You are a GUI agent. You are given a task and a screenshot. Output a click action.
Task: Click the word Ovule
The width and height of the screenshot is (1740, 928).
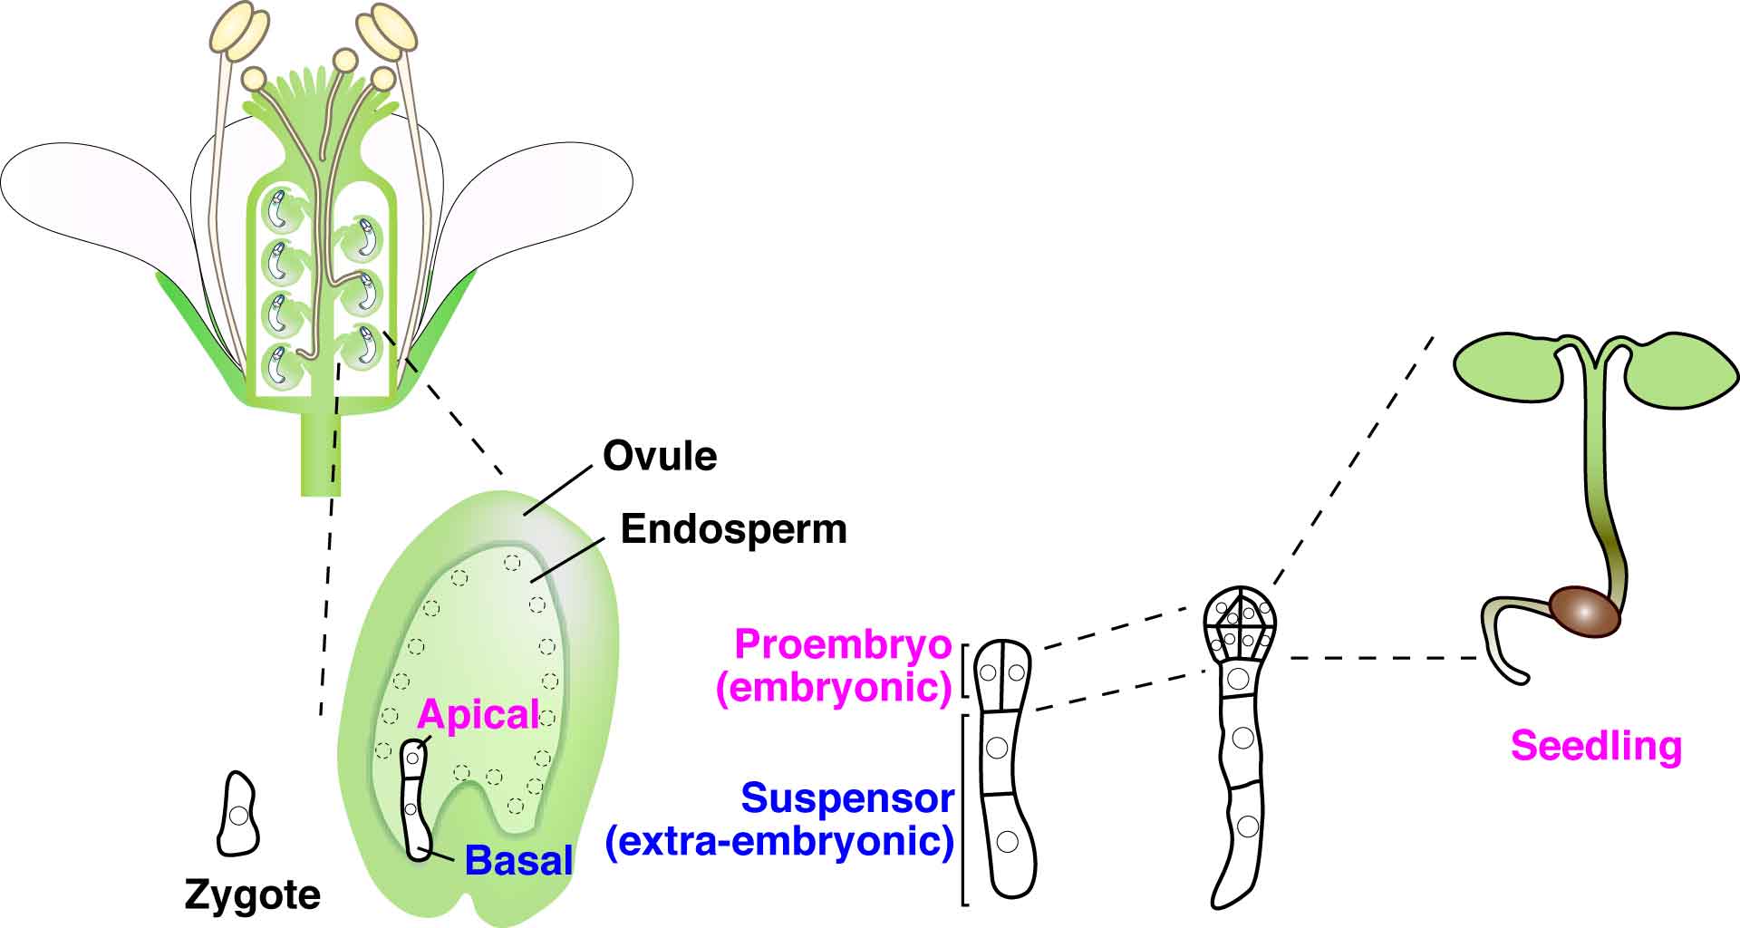coord(659,456)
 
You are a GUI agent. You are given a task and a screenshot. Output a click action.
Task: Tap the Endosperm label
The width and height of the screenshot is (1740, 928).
coord(733,528)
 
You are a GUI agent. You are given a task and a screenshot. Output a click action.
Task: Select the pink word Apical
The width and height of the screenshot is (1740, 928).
coord(478,715)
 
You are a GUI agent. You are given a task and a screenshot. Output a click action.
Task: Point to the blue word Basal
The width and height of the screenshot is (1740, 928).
coord(518,860)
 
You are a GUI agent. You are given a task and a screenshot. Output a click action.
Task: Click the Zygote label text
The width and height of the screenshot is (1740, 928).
coord(252,895)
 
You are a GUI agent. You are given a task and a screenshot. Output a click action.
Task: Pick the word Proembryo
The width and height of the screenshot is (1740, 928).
coord(843,644)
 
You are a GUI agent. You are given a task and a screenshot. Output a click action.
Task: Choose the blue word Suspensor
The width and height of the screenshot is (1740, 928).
coord(847,798)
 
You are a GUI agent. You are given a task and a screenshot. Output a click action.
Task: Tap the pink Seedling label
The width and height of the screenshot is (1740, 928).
coord(1596,746)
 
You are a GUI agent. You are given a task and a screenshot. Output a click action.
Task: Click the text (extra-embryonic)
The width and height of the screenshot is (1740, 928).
coord(779,842)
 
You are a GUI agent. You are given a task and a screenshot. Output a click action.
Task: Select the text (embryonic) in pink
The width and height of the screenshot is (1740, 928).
coord(834,688)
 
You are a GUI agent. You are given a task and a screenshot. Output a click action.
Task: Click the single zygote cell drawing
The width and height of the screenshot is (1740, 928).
coord(238,815)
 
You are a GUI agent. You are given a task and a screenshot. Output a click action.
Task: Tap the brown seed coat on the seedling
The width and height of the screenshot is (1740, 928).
coord(1582,612)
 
